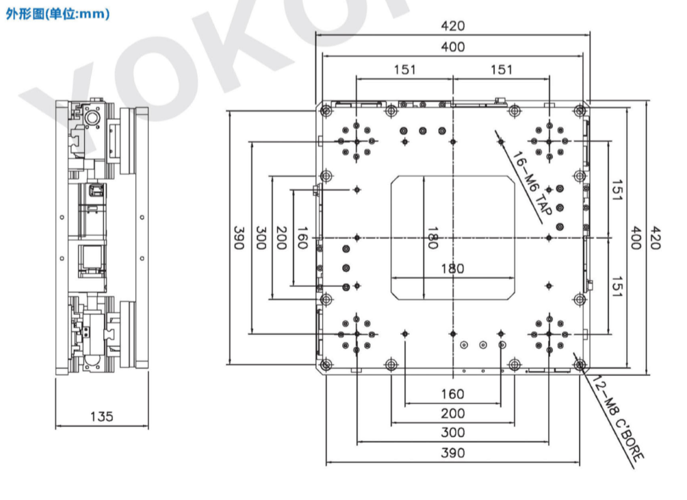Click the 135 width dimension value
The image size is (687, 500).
tap(102, 416)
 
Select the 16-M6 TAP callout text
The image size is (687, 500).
tap(531, 184)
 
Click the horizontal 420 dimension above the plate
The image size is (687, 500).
tap(452, 26)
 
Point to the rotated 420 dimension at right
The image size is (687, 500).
tap(655, 238)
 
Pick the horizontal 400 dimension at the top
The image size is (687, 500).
tap(452, 47)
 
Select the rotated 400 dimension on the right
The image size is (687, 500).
tap(635, 238)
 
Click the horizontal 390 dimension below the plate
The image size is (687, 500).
tap(452, 453)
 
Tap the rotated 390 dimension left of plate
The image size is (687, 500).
tap(239, 238)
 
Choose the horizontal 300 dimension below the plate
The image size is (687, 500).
tap(452, 432)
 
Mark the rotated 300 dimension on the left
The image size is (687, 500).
tap(261, 238)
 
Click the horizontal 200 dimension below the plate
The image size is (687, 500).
tap(452, 413)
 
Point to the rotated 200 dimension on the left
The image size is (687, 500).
tap(282, 238)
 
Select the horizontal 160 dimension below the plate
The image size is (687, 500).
tap(452, 394)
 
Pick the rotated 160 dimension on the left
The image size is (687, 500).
tap(302, 238)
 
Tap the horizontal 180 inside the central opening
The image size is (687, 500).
tap(452, 268)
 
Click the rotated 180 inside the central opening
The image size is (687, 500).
tap(432, 238)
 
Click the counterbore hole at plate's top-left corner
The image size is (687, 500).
tap(326, 110)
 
